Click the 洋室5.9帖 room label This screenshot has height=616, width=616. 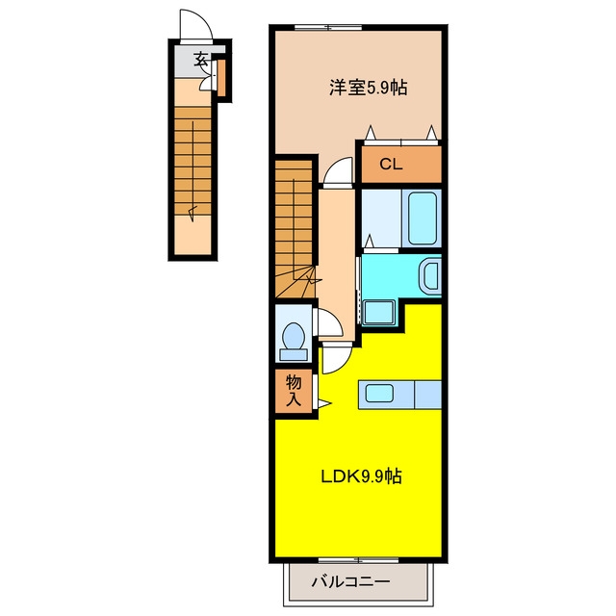(x=368, y=88)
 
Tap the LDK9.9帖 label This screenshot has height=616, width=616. (x=362, y=476)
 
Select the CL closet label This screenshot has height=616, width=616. (x=391, y=165)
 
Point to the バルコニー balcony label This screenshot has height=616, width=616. (x=350, y=581)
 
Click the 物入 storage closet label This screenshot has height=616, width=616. (x=294, y=390)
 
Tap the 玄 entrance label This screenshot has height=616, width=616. (x=200, y=59)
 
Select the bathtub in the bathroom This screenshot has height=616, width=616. (x=423, y=218)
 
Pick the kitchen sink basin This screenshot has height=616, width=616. (x=379, y=394)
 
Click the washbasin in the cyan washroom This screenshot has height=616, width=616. (x=431, y=276)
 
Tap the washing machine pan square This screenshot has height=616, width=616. (x=379, y=313)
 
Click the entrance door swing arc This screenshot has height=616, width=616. (x=196, y=23)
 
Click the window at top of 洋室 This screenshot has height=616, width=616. (x=328, y=27)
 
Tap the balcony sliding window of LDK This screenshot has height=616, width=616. (x=358, y=560)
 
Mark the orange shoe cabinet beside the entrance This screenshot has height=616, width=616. (x=221, y=78)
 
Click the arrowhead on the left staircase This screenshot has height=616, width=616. (x=192, y=213)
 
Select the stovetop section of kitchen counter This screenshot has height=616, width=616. (x=427, y=395)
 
